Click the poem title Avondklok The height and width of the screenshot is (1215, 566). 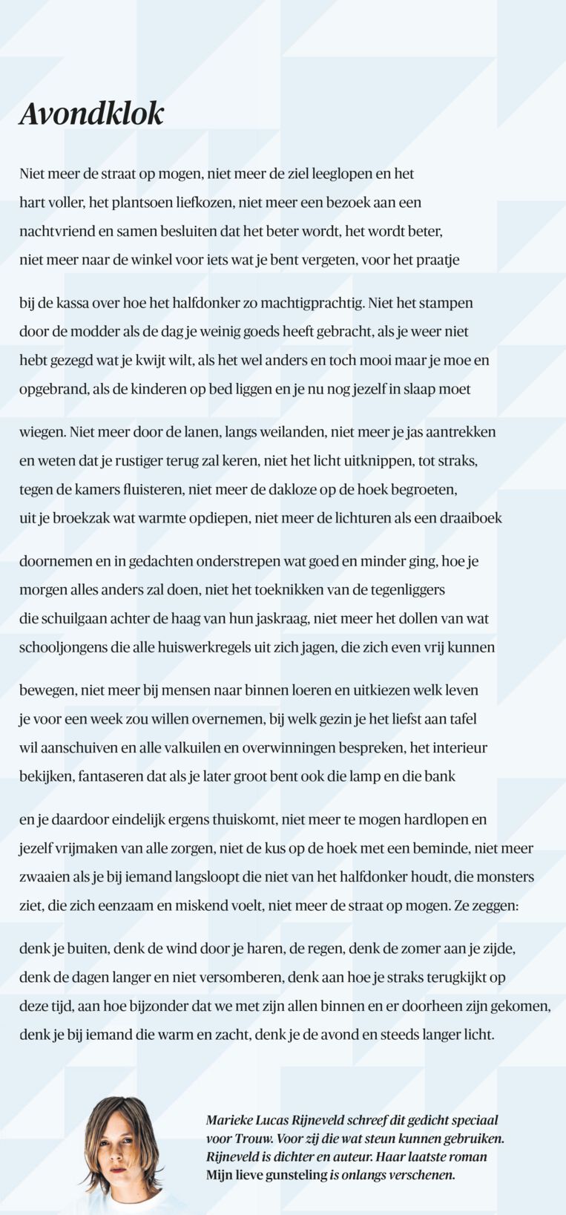coord(91,114)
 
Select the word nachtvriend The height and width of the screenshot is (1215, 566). coord(56,231)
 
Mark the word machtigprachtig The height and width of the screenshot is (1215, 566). coord(303,303)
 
